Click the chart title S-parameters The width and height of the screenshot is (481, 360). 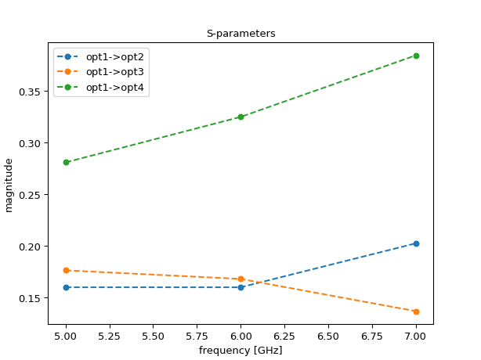pos(240,34)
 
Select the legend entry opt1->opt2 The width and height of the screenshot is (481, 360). pos(114,56)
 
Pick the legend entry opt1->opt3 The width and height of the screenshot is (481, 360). pos(114,72)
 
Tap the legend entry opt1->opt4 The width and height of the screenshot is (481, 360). pos(114,88)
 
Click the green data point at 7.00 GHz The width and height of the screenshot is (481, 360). pos(416,56)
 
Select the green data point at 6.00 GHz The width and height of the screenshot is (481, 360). pos(240,117)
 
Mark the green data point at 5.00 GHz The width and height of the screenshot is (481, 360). pos(66,162)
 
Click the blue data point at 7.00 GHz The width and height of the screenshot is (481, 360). pos(416,243)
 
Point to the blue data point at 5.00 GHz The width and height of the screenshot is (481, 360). pos(66,287)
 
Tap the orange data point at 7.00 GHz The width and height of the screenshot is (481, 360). pos(416,311)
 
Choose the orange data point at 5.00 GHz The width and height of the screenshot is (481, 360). pos(66,270)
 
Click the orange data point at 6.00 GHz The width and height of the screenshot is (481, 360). pos(240,279)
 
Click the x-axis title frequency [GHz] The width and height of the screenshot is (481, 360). pos(240,350)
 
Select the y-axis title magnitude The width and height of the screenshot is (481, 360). pos(9,185)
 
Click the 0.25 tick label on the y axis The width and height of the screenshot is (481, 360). pos(31,195)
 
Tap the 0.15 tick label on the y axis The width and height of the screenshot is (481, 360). pos(31,298)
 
